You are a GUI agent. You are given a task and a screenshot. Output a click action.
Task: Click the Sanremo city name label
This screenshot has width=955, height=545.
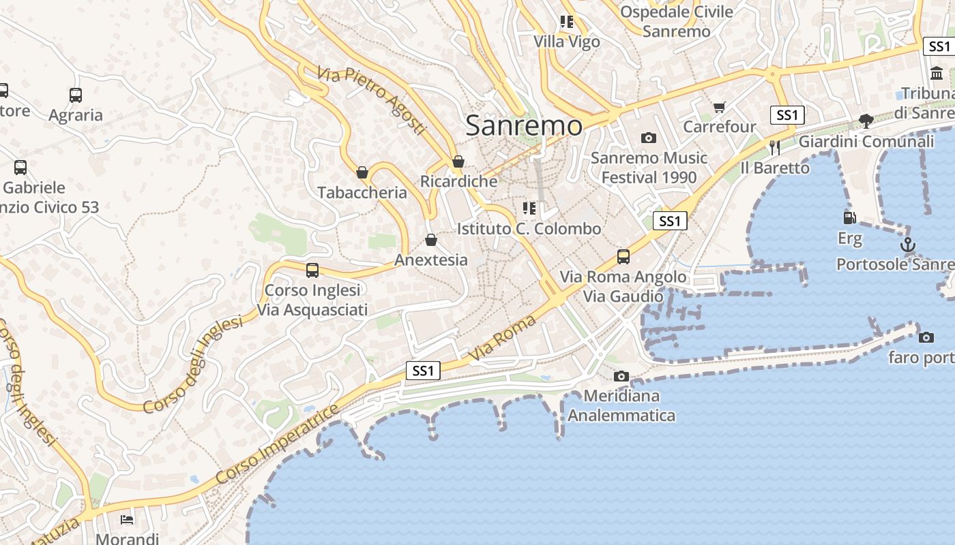pos(524,125)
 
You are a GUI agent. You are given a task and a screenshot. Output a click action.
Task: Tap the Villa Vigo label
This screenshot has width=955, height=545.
pos(567,42)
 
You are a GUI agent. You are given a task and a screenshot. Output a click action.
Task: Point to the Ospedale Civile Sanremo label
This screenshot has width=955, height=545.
pos(677,21)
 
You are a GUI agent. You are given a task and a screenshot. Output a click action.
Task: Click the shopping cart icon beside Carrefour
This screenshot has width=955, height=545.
pos(719,107)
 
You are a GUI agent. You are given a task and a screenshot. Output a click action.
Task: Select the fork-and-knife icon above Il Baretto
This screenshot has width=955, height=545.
pos(774,147)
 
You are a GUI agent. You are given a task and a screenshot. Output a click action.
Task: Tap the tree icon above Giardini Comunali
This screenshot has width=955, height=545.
pos(866,121)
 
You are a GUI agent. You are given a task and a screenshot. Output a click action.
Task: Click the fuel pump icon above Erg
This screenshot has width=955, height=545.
pos(850,218)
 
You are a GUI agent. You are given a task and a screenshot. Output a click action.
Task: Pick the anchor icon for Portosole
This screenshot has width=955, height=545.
pos(907,245)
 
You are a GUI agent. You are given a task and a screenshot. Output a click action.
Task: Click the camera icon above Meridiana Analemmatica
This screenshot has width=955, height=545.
pos(621,376)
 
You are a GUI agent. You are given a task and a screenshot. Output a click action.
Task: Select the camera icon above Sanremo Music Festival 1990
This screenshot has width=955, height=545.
pos(649,138)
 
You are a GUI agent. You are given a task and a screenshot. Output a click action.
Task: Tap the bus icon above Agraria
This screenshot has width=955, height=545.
pos(76,95)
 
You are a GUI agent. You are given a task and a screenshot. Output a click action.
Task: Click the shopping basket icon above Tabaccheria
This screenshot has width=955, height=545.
pos(362,172)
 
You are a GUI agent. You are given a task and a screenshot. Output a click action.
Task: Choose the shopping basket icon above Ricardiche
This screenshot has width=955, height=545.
pos(458,161)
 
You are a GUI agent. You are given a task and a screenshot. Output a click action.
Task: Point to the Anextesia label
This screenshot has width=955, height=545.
pos(431,260)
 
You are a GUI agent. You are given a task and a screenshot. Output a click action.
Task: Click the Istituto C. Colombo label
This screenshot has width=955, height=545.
pos(529,228)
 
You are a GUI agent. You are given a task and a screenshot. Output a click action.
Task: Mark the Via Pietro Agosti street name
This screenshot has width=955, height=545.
pos(371,100)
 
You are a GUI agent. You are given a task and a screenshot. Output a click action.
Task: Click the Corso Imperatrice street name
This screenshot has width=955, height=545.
pos(276,446)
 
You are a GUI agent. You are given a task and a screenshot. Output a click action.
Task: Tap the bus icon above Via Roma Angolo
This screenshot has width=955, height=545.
pos(623,257)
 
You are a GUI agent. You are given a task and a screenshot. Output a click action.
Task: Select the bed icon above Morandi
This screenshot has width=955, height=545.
pos(127,520)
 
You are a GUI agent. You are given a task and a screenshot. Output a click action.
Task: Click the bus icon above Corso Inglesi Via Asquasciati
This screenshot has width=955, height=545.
pos(312,270)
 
